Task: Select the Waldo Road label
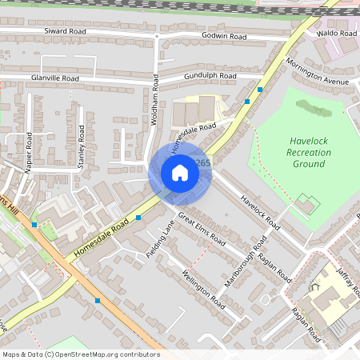[336, 34]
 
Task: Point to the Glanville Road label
[54, 78]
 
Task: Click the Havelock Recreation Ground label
[308, 152]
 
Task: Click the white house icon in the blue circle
[180, 173]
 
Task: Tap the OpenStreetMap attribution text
[80, 354]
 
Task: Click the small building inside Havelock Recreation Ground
[306, 204]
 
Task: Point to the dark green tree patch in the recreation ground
[314, 108]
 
